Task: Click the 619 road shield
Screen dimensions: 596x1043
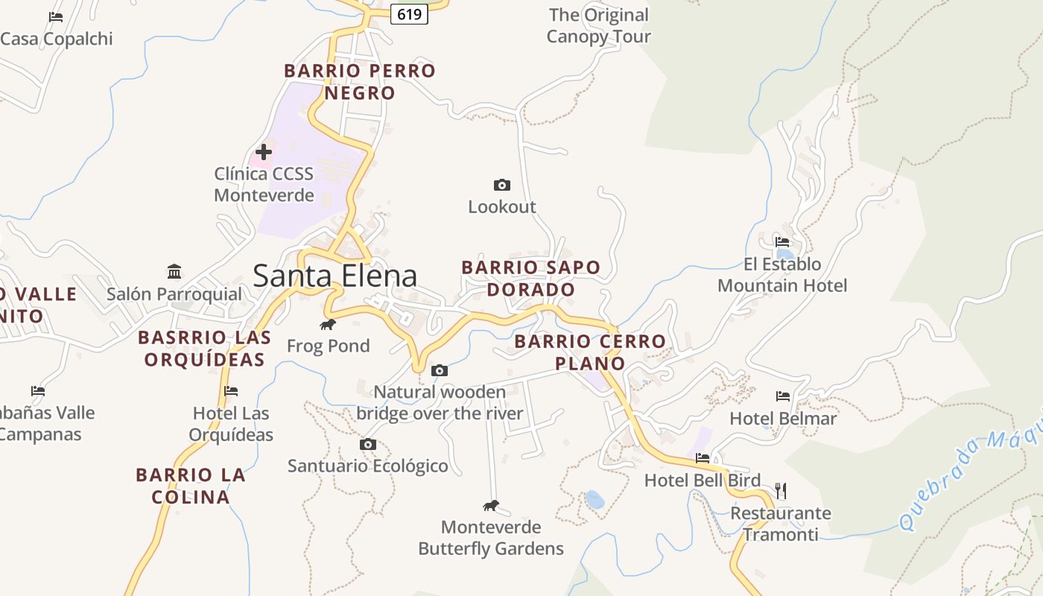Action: [409, 14]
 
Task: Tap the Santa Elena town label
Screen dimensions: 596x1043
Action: [335, 276]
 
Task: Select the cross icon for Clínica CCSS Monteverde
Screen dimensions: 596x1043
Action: [264, 152]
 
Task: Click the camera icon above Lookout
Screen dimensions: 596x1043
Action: [502, 185]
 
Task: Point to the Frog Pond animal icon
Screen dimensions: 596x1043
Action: [328, 324]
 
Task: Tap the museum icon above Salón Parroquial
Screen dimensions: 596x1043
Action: [174, 270]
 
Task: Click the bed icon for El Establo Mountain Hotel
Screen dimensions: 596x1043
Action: [782, 242]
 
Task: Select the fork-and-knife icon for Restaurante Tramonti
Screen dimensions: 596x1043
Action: [780, 490]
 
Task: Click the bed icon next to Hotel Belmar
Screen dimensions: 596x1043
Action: [782, 396]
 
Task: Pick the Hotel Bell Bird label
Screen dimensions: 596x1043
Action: [703, 481]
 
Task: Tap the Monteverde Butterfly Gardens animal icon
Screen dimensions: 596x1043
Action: [490, 506]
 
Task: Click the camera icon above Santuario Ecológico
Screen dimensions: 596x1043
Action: [367, 445]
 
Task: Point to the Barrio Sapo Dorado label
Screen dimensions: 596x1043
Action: [530, 279]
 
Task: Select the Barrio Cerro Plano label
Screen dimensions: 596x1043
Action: [590, 352]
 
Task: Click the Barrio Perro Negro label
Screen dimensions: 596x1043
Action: [360, 82]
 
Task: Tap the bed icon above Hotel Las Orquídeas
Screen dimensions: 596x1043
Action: [231, 391]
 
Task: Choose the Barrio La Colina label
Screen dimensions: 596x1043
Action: [191, 486]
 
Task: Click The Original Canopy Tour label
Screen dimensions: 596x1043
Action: [598, 25]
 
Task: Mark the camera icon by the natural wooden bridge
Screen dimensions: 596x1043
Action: [440, 370]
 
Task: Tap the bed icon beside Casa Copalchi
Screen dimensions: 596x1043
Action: [56, 16]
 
